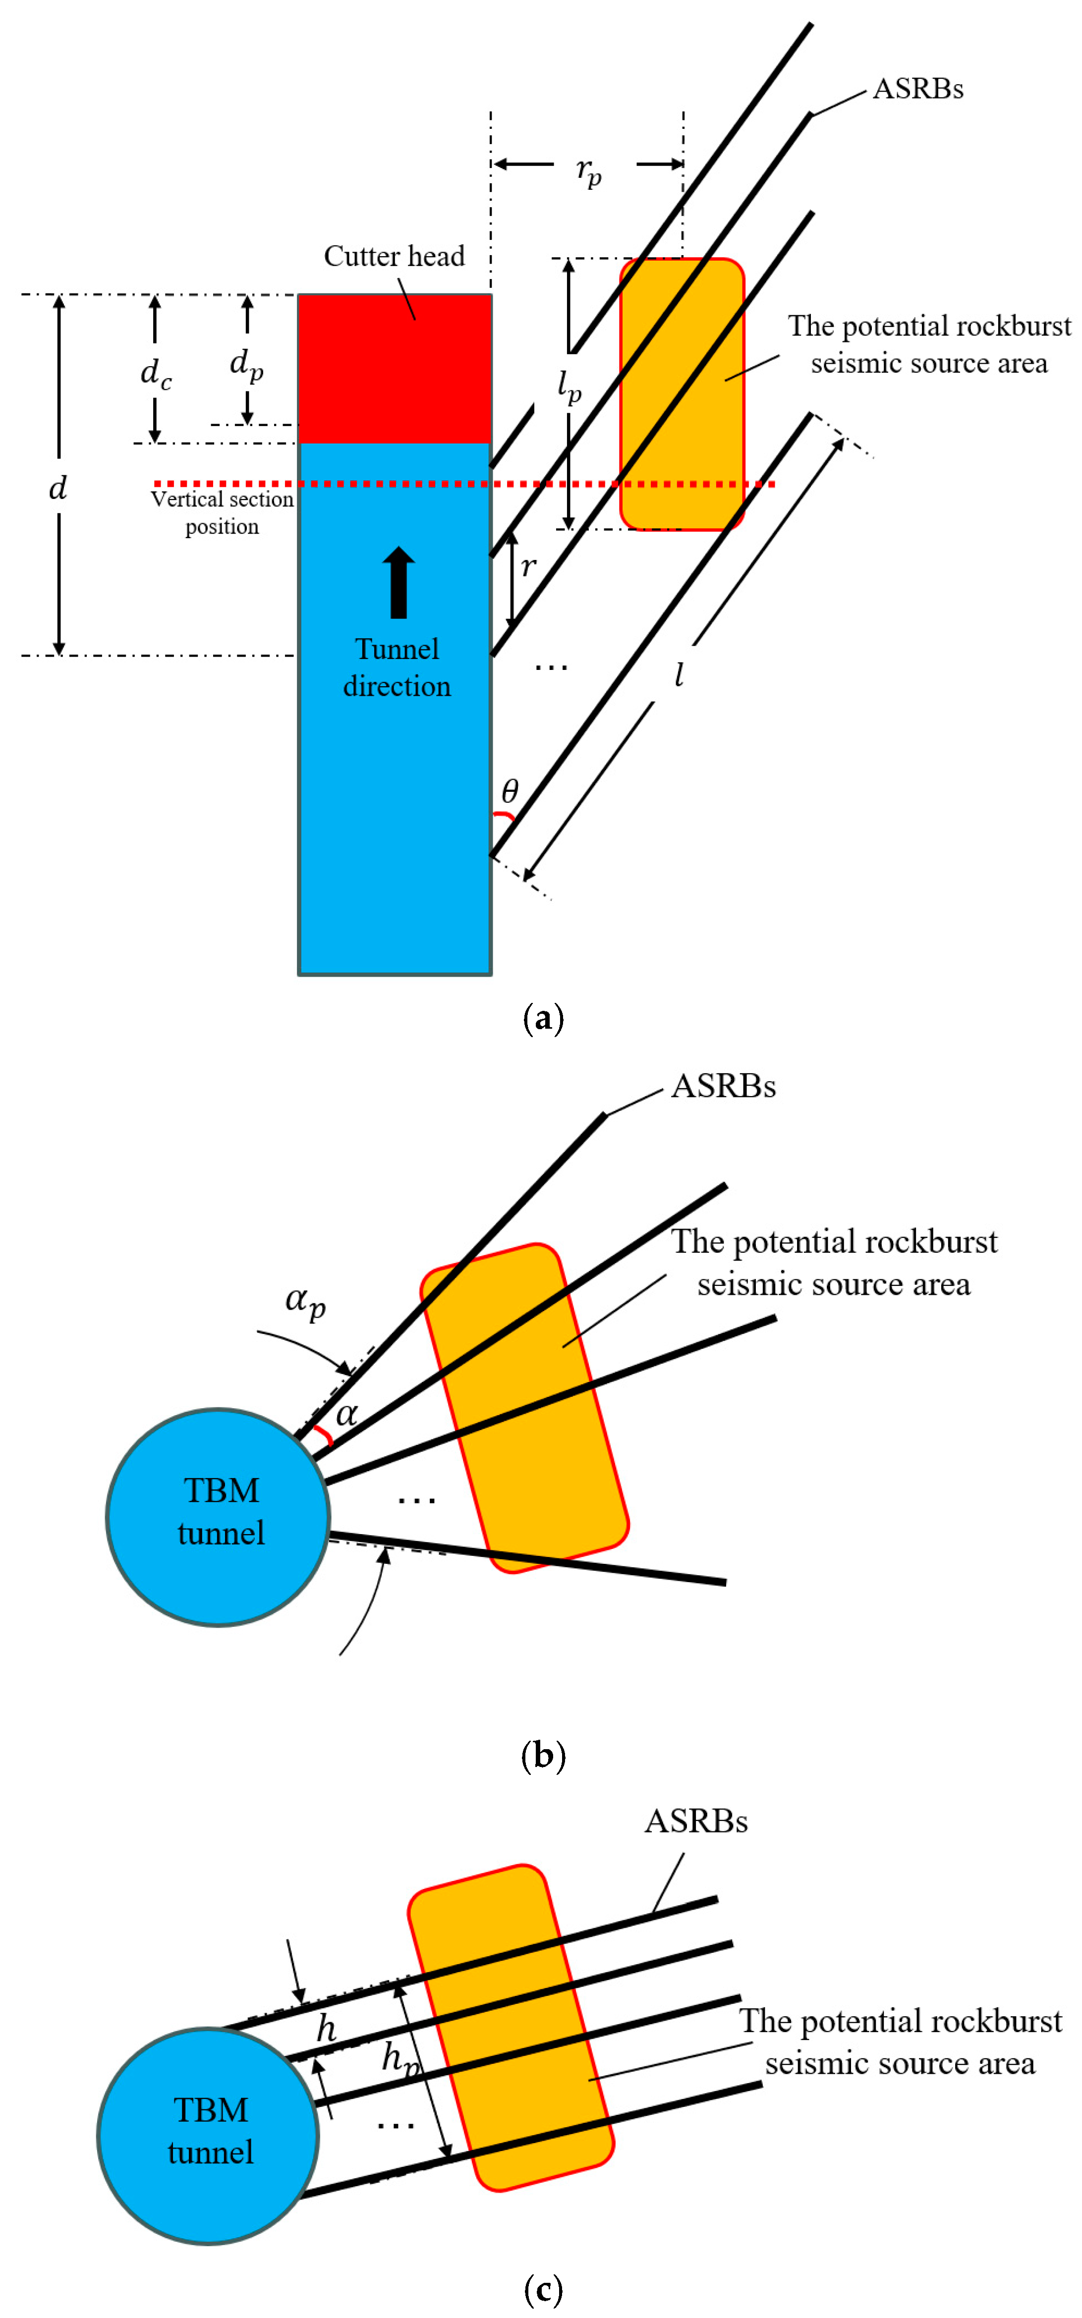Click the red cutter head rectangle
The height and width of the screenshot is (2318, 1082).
pos(394,369)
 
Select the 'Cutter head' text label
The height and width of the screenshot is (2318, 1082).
pos(394,257)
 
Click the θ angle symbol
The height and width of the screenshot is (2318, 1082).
pos(510,792)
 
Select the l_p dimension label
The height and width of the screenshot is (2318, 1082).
pos(569,387)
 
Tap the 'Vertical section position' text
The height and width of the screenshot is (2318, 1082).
pos(223,512)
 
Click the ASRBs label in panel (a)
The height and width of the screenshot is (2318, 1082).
pos(918,89)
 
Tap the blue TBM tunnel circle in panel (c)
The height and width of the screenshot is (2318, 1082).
pos(209,2135)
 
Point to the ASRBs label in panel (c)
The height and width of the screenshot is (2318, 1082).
pos(696,1821)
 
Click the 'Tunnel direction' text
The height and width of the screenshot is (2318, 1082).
pos(397,667)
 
